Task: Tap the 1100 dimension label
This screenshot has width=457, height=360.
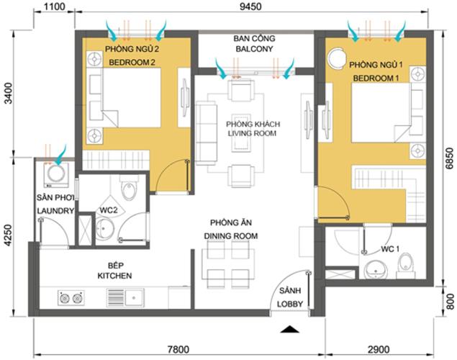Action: [55, 8]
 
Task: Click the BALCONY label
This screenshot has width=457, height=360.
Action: [252, 50]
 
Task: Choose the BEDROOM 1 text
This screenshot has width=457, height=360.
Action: [374, 77]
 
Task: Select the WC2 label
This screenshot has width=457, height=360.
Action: [108, 210]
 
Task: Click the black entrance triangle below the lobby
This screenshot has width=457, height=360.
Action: [289, 329]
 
